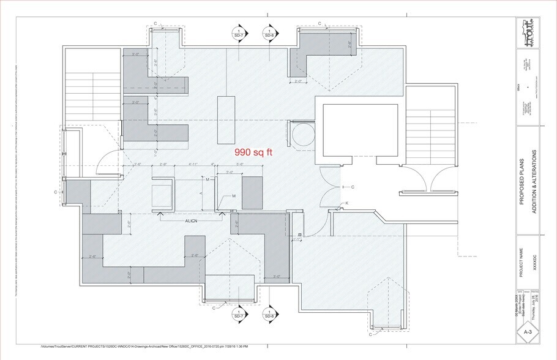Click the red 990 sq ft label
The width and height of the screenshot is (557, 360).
coord(254,151)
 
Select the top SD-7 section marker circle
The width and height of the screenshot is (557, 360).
coord(237,34)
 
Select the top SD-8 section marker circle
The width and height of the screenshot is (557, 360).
coord(268,34)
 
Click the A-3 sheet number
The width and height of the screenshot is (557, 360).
coord(528,332)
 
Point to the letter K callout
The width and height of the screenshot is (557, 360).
coord(347,203)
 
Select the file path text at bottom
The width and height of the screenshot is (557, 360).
coord(153,347)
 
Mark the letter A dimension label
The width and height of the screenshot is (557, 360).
coord(202,193)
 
